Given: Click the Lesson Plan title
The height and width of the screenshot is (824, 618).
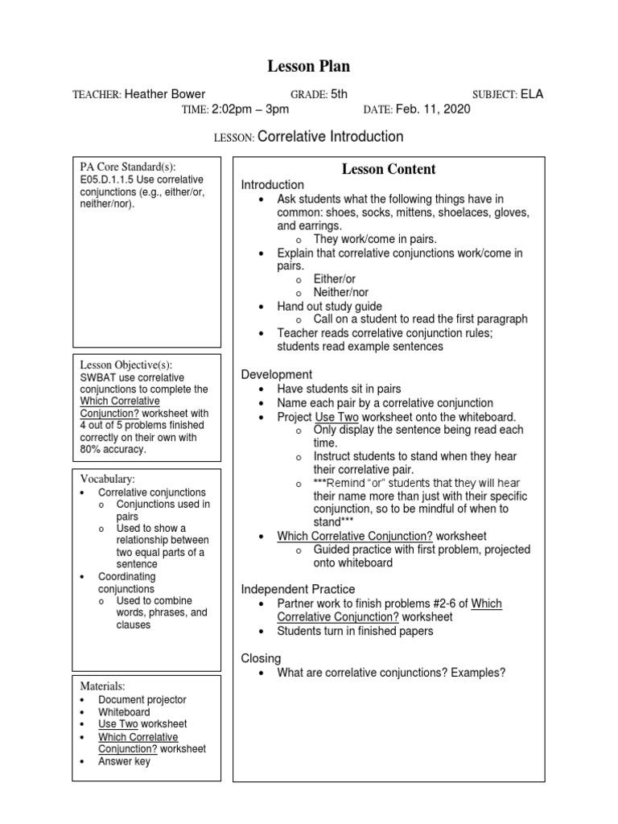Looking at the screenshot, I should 309,67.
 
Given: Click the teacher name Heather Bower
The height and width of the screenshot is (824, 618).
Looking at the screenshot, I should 165,94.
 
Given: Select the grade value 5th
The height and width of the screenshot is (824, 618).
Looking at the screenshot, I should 339,94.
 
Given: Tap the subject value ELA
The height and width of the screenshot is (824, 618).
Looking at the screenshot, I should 532,94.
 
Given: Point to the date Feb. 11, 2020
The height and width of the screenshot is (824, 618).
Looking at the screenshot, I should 435,109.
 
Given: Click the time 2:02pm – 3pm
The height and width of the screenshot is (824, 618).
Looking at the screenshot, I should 250,109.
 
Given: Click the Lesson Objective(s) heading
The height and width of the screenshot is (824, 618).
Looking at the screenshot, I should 126,365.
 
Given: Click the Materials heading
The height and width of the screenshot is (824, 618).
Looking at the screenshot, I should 102,686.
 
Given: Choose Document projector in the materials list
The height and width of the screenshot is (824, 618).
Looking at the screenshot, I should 142,700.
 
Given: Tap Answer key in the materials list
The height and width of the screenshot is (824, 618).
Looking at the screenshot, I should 124,761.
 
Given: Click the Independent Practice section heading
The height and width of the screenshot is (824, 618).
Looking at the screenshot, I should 298,590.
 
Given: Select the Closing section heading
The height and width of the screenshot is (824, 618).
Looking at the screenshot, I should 261,658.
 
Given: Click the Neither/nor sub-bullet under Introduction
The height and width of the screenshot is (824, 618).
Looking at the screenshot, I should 340,293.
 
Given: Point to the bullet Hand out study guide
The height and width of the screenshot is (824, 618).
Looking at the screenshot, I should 329,307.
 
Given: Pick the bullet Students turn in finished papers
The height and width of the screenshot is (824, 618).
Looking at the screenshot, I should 355,631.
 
